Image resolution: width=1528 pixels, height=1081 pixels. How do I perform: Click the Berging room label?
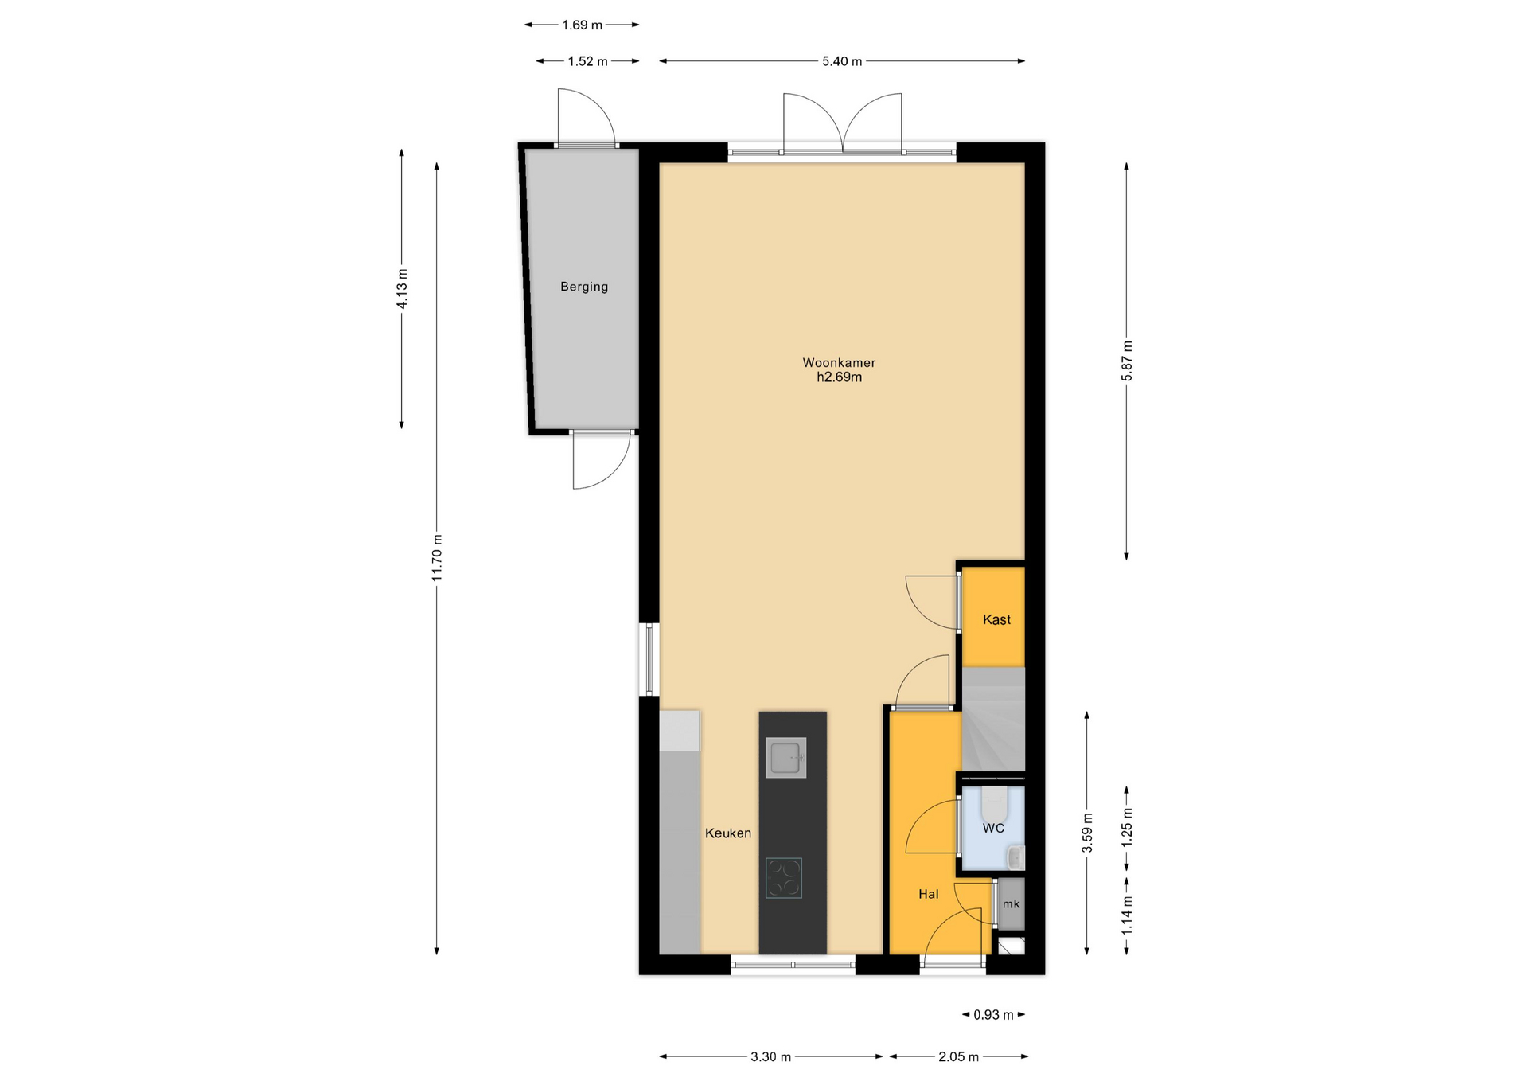[x=584, y=287]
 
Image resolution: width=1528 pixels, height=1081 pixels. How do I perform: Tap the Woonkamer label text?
[x=839, y=363]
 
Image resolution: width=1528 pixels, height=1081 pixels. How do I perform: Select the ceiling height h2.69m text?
[x=839, y=377]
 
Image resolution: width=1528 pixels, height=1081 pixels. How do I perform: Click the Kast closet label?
[x=996, y=619]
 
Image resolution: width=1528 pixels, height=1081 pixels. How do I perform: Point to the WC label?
[x=993, y=828]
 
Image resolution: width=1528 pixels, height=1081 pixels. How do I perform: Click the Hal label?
[x=929, y=894]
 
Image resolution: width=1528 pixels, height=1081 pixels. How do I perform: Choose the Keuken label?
[x=728, y=833]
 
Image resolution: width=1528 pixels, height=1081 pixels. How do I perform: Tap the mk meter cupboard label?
[x=1011, y=904]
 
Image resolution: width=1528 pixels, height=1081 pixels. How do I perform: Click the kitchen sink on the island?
[x=786, y=757]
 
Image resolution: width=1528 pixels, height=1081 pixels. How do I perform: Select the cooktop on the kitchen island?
[x=784, y=878]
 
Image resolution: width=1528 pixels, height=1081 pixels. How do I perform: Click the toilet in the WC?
[x=994, y=804]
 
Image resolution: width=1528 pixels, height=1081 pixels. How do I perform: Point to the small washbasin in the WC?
[x=1016, y=857]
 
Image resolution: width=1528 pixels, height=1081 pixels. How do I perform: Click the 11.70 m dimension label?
[x=437, y=558]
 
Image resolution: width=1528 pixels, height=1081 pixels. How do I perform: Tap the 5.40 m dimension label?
[x=842, y=61]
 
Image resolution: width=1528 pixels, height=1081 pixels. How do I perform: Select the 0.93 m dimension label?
[x=993, y=1015]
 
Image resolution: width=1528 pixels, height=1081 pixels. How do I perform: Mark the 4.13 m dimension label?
[x=402, y=289]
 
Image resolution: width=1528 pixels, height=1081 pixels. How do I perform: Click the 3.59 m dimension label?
[x=1087, y=833]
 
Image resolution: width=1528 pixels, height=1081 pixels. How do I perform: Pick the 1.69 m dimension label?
[x=582, y=25]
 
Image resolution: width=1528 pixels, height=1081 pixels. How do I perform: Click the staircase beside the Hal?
[x=993, y=719]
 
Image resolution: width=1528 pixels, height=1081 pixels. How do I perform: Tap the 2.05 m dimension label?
[x=958, y=1057]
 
